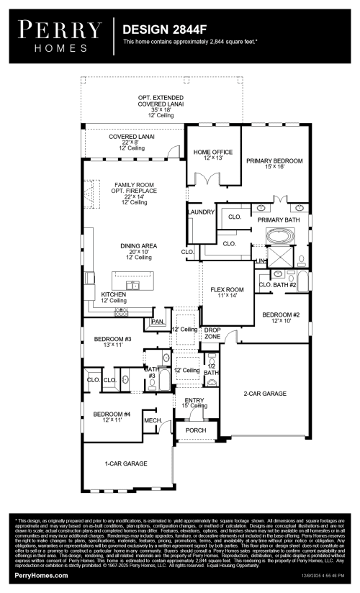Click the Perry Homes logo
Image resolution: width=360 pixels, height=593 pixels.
pos(60,37)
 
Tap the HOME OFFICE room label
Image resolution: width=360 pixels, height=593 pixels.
pos(213,152)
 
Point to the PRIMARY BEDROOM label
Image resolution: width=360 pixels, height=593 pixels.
pos(274,160)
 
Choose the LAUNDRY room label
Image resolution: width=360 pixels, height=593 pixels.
pos(201,212)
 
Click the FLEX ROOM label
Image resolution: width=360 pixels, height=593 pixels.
pos(228,289)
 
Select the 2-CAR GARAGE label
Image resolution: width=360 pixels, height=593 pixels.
pos(265,393)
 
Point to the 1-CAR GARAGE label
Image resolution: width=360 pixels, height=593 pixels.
pos(123,464)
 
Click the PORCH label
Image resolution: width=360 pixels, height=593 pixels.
pos(196,430)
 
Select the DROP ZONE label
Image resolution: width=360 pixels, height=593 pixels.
pos(212,332)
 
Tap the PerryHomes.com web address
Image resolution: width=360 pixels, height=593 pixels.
pos(42,576)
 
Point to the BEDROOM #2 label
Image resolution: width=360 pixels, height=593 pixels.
pos(281,314)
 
